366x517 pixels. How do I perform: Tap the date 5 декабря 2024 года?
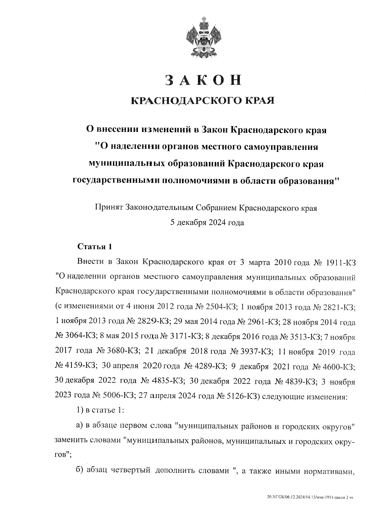point(207,223)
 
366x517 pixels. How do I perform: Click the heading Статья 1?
point(95,246)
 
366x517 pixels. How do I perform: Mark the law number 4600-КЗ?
point(339,367)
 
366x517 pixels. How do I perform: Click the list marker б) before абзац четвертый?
point(80,471)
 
